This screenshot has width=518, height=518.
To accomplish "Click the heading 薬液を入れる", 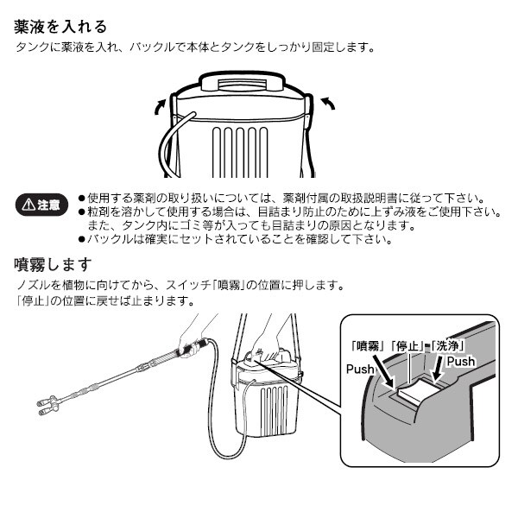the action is pyautogui.click(x=60, y=27).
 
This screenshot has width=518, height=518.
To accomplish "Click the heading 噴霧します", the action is pyautogui.click(x=53, y=265).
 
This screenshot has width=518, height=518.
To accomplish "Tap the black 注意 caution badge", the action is pyautogui.click(x=42, y=205).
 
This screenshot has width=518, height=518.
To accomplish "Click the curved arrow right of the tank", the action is pyautogui.click(x=328, y=103).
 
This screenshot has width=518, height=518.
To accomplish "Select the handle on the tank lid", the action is pyautogui.click(x=242, y=81).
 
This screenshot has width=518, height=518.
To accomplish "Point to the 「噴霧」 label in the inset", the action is pyautogui.click(x=368, y=346).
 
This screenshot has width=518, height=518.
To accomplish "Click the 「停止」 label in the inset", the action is pyautogui.click(x=407, y=346).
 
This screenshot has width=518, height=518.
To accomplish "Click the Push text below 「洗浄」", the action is pyautogui.click(x=461, y=362).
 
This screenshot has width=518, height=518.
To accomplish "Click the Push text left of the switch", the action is pyautogui.click(x=360, y=369).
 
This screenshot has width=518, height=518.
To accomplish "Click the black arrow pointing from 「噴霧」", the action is pyautogui.click(x=383, y=370).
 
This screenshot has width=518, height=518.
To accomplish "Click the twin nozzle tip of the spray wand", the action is pyautogui.click(x=47, y=405).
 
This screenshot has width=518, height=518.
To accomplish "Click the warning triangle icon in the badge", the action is pyautogui.click(x=28, y=205).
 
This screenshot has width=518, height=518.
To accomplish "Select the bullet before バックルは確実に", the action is pyautogui.click(x=81, y=239).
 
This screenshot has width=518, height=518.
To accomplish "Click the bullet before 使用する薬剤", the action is pyautogui.click(x=81, y=199).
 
